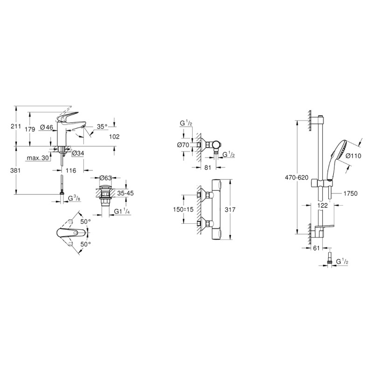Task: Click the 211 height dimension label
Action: (x=16, y=126)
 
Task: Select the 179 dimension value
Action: (x=30, y=130)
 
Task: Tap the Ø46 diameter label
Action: (x=47, y=127)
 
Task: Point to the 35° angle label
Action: (x=102, y=126)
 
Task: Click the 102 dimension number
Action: (x=114, y=137)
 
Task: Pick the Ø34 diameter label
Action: (x=78, y=153)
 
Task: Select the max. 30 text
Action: (x=38, y=158)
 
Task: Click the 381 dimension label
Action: (x=16, y=170)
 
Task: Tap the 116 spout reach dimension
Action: (x=71, y=170)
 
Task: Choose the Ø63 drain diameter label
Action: (x=105, y=178)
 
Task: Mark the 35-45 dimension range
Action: (x=125, y=193)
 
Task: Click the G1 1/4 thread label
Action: (x=122, y=211)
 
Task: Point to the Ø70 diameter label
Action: (x=183, y=145)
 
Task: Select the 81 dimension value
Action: (x=207, y=167)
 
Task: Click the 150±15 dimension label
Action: (x=183, y=209)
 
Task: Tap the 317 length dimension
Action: (x=230, y=209)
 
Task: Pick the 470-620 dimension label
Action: (x=297, y=178)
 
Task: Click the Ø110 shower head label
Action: (x=353, y=156)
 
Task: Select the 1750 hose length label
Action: (x=351, y=193)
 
